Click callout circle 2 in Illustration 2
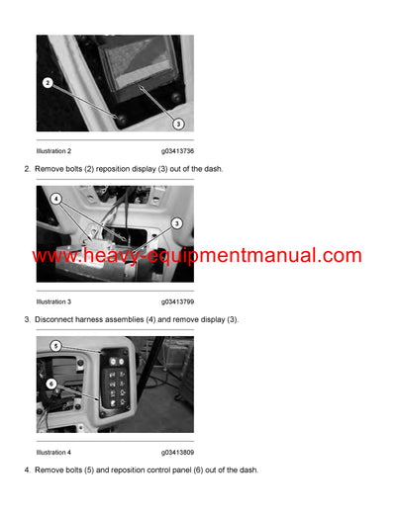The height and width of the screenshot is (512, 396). [47, 82]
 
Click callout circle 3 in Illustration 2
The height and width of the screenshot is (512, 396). [178, 124]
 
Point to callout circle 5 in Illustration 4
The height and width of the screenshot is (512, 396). [55, 346]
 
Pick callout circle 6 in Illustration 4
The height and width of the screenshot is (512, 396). [51, 384]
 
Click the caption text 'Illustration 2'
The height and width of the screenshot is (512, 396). [53, 151]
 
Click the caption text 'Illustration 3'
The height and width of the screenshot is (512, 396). [53, 301]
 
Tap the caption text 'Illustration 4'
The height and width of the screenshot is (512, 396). [53, 452]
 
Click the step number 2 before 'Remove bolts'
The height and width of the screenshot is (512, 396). [26, 169]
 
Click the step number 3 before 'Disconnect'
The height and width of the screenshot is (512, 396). [26, 319]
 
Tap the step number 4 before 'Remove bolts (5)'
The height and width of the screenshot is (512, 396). [26, 469]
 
